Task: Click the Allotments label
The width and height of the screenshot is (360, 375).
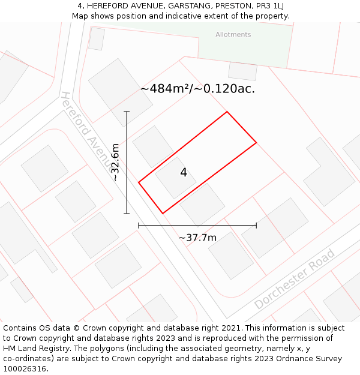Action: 233,35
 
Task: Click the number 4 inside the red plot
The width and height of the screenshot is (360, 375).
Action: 184,173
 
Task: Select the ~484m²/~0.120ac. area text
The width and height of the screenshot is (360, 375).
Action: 197,89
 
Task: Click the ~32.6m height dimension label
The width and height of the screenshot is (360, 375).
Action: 115,162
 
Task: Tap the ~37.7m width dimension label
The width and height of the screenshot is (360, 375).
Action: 197,238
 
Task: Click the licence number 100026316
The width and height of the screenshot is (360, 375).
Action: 25,369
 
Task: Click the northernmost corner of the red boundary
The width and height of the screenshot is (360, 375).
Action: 227,112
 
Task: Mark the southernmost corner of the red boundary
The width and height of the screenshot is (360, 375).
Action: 163,213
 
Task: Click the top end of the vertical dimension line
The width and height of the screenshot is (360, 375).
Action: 127,112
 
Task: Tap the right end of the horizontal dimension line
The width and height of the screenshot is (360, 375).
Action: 256,226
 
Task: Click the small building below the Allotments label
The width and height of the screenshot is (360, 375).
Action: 243,71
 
